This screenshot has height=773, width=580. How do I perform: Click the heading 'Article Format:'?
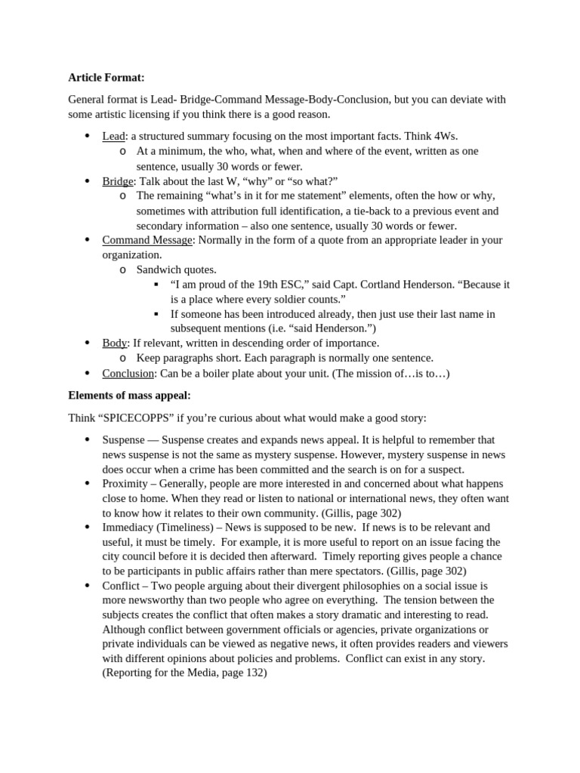106,77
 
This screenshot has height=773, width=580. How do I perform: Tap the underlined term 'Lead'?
113,136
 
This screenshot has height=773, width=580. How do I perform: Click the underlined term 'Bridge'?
118,180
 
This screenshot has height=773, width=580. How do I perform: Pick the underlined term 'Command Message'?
147,240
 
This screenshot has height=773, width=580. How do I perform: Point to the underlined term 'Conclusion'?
128,374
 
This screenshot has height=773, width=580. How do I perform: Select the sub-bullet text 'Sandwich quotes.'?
176,269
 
